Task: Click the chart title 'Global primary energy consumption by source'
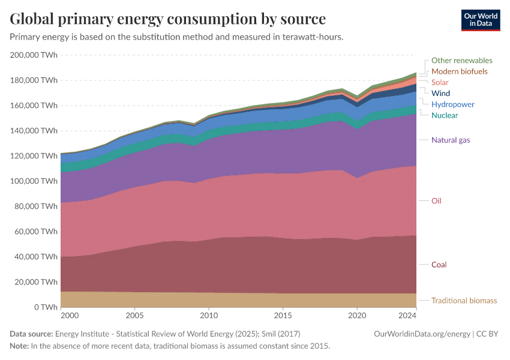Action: [168, 19]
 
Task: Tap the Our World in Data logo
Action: [480, 20]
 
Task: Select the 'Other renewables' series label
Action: [461, 61]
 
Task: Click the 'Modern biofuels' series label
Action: [459, 71]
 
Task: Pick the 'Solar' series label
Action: [440, 82]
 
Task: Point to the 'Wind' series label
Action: [440, 94]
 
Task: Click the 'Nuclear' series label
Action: [445, 115]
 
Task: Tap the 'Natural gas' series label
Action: [451, 140]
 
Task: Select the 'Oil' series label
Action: [436, 201]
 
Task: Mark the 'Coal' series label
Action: [439, 265]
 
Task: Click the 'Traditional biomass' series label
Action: [464, 301]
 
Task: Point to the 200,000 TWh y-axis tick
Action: [34, 55]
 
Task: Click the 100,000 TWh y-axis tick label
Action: [34, 181]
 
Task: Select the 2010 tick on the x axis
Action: [209, 315]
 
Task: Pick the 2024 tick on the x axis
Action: [408, 315]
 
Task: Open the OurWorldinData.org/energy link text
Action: [421, 334]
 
